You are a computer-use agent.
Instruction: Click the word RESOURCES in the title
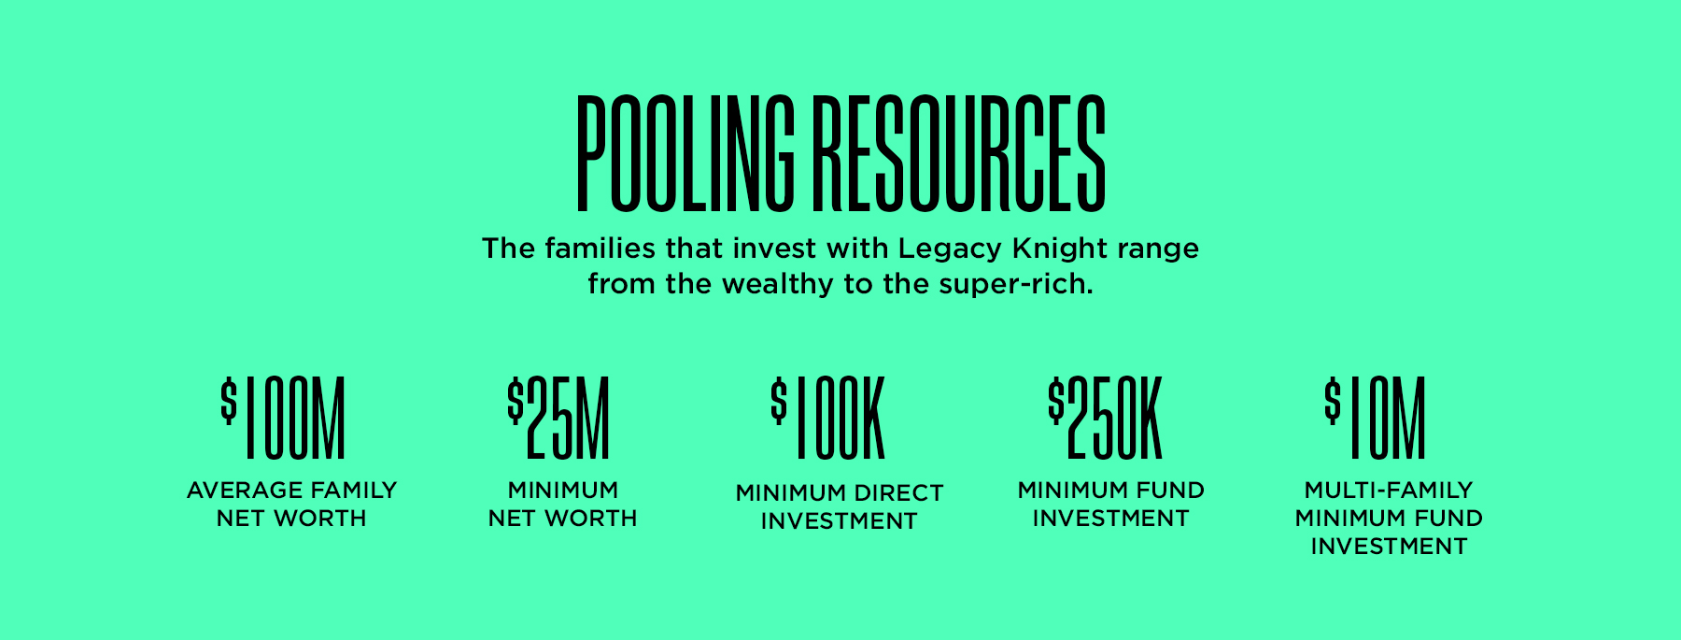pos(959,153)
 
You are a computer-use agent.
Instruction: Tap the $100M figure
pos(283,419)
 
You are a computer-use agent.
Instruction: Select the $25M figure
pos(558,419)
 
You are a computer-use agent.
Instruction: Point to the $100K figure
pos(827,419)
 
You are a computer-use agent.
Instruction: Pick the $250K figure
pos(1105,419)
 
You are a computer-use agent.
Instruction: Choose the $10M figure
pos(1376,419)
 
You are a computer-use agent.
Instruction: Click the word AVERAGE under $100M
pos(245,491)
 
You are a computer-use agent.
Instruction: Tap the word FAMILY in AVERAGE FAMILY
pos(354,491)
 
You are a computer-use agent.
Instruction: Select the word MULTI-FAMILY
pos(1389,491)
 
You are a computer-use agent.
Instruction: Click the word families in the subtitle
pos(600,249)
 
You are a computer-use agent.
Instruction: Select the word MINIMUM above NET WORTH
pos(563,491)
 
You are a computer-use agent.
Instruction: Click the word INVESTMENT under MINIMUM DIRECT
pos(840,521)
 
